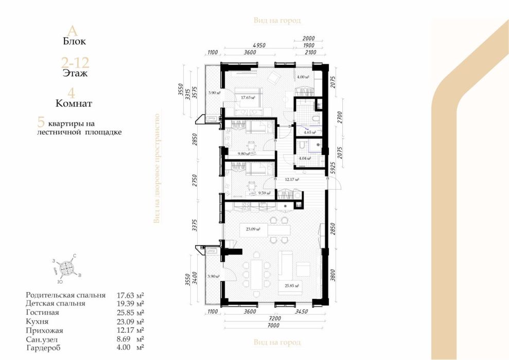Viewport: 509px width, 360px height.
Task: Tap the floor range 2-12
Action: (x=75, y=63)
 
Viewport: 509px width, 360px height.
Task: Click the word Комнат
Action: (x=74, y=103)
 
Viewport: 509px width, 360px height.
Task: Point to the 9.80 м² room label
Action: (x=243, y=153)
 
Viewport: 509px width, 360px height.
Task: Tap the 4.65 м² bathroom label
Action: (x=310, y=132)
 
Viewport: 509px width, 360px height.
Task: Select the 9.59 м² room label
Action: (x=265, y=193)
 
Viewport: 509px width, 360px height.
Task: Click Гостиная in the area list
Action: (x=42, y=312)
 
